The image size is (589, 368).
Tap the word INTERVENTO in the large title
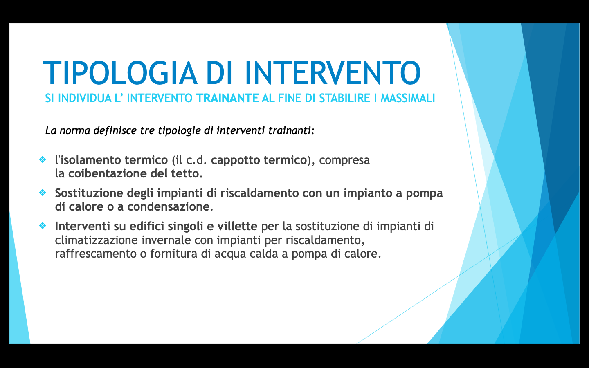333,73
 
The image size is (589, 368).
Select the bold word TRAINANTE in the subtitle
227,98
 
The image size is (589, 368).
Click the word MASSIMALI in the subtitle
408,98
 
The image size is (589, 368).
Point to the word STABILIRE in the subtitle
344,98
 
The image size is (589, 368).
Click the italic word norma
75,131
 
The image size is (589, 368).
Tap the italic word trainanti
291,130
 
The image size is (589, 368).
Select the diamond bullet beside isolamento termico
43,159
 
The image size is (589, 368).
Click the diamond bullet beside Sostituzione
43,193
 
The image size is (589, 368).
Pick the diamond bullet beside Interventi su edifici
43,226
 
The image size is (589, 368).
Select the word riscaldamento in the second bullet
259,193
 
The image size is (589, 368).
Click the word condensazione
170,206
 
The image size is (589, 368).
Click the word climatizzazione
96,240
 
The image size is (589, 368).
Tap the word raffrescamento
96,254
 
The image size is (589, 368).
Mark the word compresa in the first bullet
344,161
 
